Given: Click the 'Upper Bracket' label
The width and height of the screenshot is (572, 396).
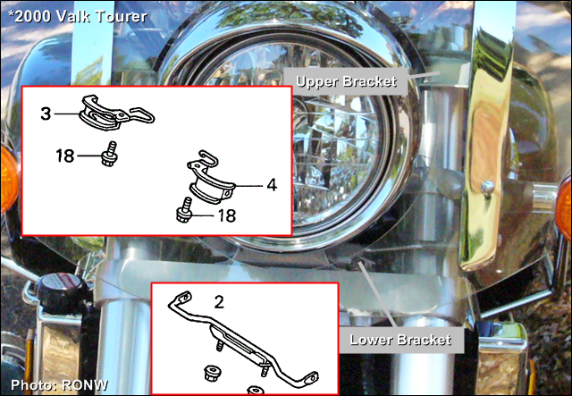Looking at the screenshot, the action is [x=346, y=81].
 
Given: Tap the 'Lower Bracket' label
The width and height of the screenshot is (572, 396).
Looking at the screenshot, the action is [x=400, y=340].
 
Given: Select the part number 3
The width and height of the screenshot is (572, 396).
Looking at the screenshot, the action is [x=46, y=114].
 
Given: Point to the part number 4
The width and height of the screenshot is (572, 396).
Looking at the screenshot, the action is [x=272, y=185].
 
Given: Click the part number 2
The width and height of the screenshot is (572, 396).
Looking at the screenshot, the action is [x=219, y=302].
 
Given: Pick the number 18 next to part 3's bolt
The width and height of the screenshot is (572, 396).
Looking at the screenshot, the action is [x=65, y=156].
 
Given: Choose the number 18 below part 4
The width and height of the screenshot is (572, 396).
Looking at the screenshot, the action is [x=226, y=215].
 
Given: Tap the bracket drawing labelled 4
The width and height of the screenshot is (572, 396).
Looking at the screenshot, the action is [x=210, y=179].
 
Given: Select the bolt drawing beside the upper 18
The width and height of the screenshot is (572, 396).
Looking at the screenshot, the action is [x=109, y=155].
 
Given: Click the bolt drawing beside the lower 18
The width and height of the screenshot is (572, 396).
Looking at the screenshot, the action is [x=185, y=210].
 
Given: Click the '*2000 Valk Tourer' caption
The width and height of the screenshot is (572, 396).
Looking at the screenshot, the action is [x=78, y=16].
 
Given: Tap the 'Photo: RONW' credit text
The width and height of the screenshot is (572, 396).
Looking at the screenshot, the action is [x=59, y=385].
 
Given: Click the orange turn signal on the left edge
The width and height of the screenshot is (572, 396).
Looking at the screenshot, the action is [x=8, y=178].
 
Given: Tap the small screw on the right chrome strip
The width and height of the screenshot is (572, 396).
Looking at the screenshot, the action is [x=487, y=187].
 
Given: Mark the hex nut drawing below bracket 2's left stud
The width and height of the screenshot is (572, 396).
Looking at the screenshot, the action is [x=212, y=373].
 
